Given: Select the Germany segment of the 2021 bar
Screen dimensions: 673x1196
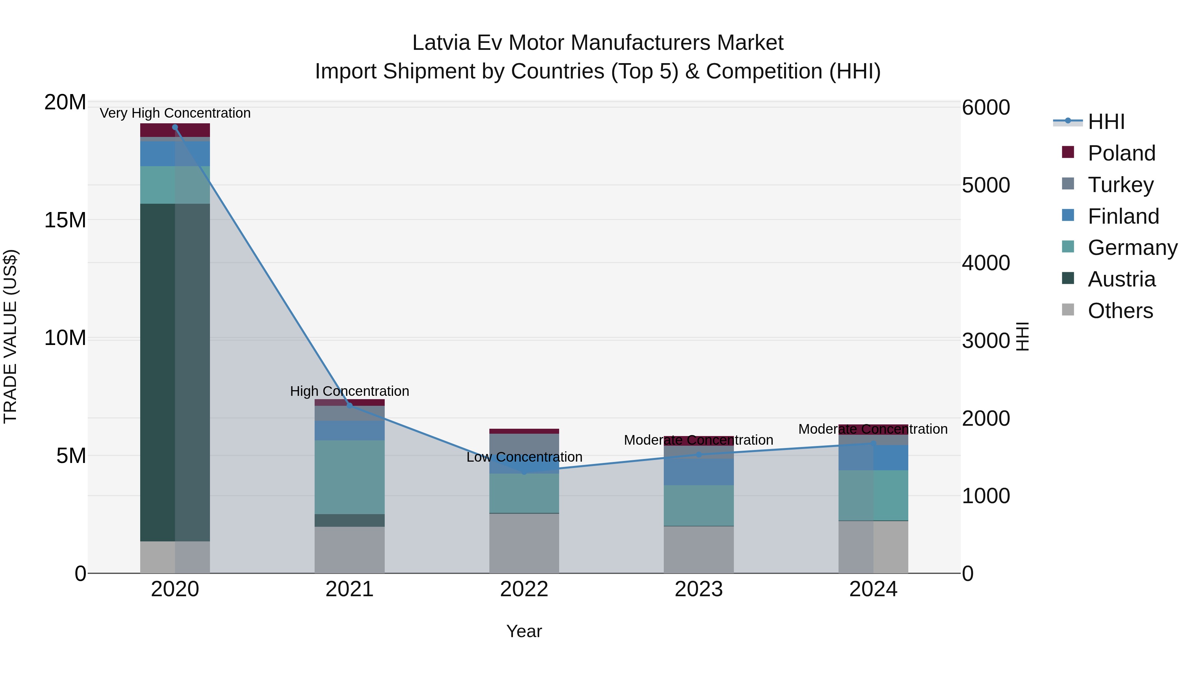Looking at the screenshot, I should coord(349,477).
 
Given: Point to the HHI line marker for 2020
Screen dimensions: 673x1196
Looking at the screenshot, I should coord(175,127).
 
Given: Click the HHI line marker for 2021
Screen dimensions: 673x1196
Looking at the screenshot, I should coord(349,405).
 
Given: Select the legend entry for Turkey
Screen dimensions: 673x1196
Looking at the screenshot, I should coord(1120,184).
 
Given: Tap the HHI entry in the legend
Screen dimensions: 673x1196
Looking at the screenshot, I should coord(1106,122).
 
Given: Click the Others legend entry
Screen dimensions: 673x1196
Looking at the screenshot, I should coord(1120,311).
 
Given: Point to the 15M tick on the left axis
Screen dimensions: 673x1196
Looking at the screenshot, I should coord(65,220).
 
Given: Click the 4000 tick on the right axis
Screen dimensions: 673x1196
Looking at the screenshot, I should coord(985,263).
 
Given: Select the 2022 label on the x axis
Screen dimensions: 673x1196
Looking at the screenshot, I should coord(524,589).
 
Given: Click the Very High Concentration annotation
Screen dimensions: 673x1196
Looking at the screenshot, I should coord(175,113).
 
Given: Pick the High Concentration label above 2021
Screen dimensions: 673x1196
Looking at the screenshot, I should coord(349,391).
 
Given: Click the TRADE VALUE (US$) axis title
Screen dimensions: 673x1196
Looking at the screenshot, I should coord(10,337).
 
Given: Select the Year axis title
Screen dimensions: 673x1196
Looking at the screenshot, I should coord(524,631).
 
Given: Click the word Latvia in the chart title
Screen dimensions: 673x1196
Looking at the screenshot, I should coord(441,43).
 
